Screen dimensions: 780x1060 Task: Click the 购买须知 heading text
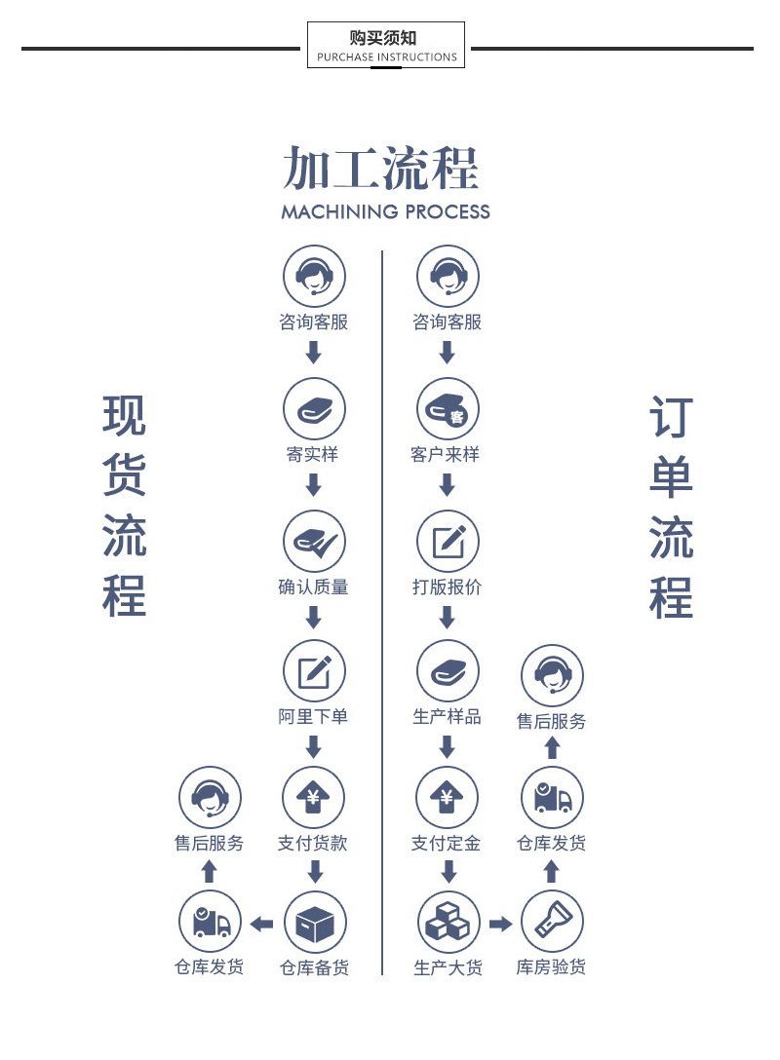coord(383,38)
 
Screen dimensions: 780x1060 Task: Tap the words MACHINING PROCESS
coord(385,211)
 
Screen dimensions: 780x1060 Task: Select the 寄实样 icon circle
coord(314,409)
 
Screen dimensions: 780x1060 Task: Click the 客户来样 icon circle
coord(448,409)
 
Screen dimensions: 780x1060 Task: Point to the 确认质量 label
coord(313,587)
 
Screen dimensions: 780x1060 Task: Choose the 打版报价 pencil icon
coord(448,542)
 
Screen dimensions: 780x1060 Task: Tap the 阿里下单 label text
coord(313,717)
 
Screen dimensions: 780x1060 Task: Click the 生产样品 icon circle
coord(448,671)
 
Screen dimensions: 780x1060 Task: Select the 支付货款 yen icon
coord(313,798)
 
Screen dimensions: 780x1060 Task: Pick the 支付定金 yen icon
coord(448,798)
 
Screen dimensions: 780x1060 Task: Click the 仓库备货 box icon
coord(315,923)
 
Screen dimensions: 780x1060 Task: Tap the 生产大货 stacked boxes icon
coord(448,923)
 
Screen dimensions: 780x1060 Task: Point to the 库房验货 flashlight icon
coord(552,922)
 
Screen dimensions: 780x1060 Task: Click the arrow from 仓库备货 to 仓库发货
coord(262,924)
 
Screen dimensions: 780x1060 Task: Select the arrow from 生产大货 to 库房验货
coord(500,924)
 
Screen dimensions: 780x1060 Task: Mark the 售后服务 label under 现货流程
coord(209,843)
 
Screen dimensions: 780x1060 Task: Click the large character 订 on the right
coord(671,417)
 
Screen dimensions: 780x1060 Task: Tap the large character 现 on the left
coord(125,416)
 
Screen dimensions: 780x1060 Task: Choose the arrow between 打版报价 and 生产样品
coord(448,618)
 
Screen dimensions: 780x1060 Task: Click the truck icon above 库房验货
coord(552,798)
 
